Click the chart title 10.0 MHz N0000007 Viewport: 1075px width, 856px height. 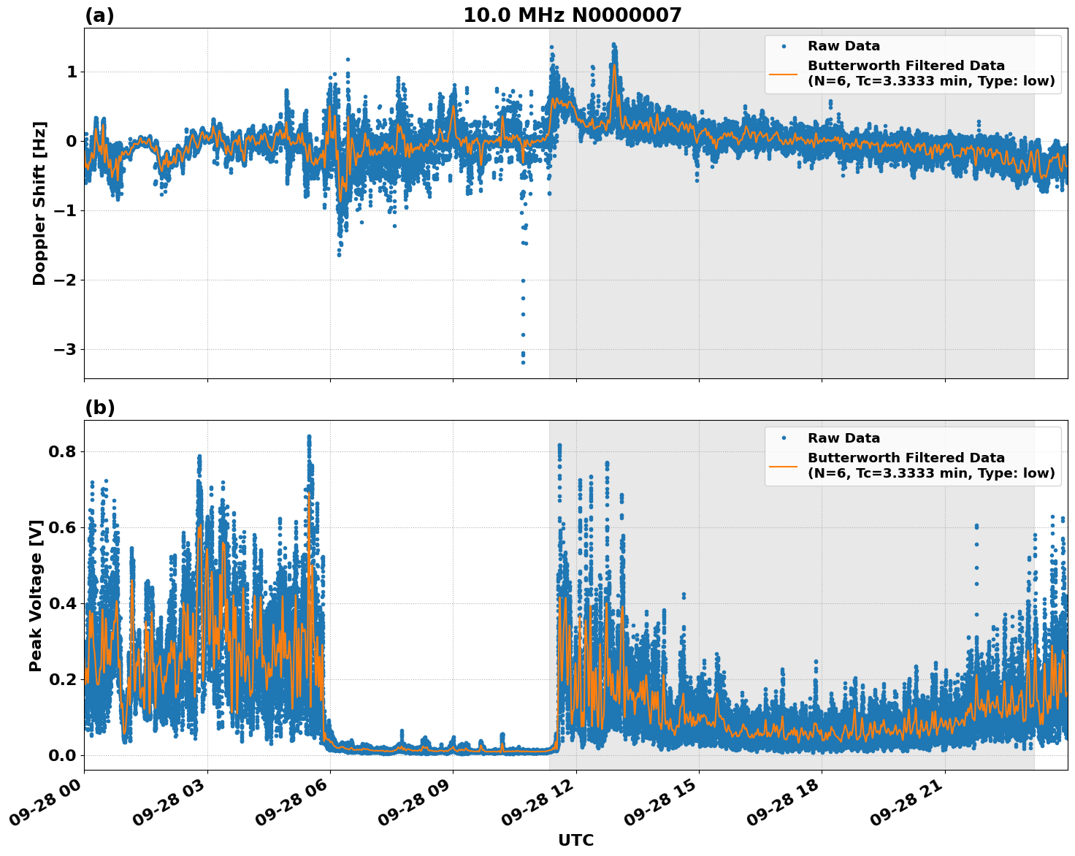pos(572,15)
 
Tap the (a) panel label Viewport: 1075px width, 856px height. pos(99,15)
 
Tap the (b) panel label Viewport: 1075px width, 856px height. pos(99,408)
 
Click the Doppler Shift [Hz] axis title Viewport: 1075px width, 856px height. pos(39,203)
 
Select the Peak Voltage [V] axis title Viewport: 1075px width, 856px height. pos(36,595)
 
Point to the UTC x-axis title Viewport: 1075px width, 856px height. pos(575,840)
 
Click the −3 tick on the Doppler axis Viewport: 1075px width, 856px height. pos(65,349)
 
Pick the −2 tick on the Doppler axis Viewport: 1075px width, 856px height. pos(65,280)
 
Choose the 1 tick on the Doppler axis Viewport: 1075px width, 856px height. pos(72,72)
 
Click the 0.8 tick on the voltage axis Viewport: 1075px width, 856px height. pos(62,451)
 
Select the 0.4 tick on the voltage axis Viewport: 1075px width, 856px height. pos(62,603)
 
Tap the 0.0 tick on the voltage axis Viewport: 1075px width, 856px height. pos(62,755)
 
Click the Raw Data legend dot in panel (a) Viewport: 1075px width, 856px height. pos(783,46)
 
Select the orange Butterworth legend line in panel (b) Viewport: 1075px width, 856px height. pos(783,465)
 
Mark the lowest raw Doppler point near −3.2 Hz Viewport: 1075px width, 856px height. pos(523,362)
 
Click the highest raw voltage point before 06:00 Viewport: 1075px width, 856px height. pos(309,437)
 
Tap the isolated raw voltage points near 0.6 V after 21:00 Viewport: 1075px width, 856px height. pos(976,526)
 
